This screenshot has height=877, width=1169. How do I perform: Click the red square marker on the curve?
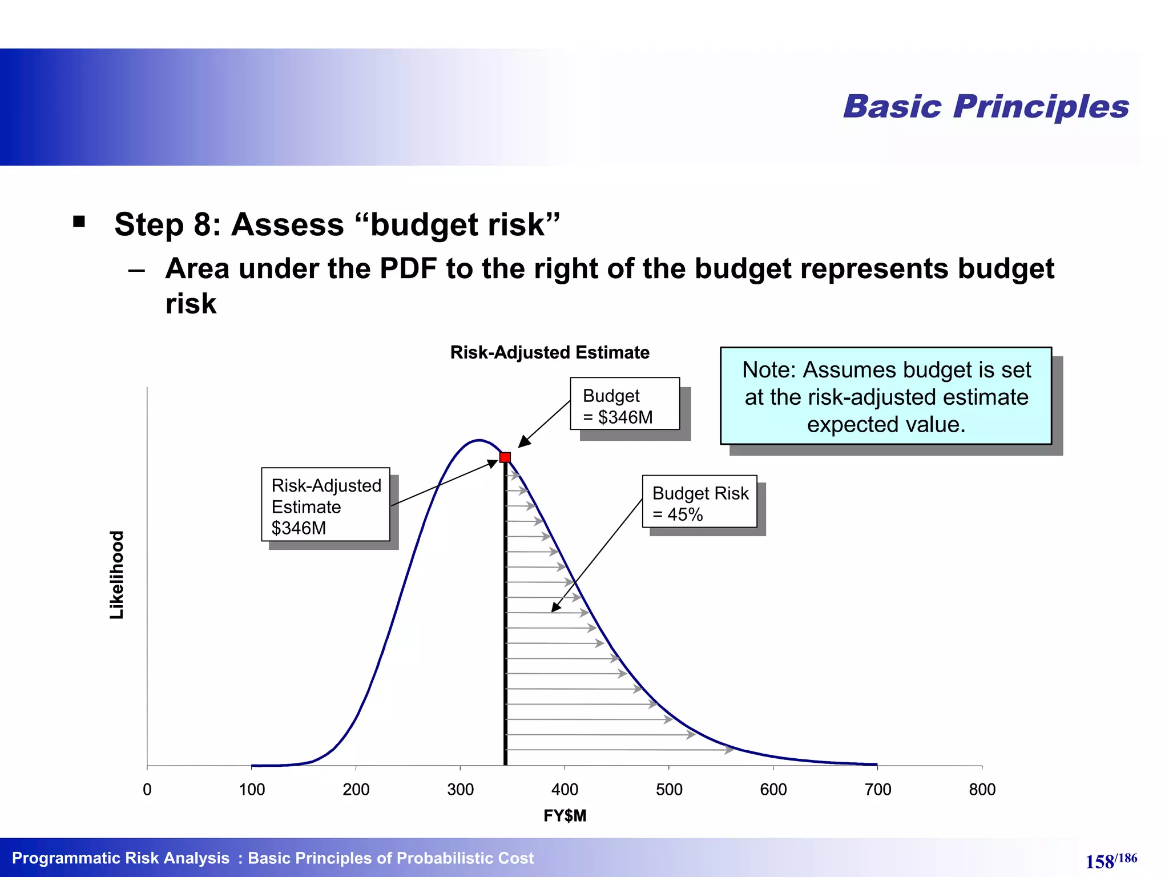point(505,457)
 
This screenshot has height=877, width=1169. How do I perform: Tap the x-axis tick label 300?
point(460,790)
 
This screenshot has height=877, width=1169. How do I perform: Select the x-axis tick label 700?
point(877,790)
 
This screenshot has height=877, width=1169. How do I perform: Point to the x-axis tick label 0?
point(147,790)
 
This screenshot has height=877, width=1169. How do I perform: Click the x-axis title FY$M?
point(565,816)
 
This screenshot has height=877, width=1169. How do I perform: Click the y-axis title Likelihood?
point(117,575)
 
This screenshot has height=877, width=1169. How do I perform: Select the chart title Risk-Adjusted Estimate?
point(550,352)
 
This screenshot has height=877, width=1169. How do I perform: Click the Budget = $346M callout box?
point(624,404)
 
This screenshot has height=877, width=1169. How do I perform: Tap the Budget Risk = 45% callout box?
point(699,502)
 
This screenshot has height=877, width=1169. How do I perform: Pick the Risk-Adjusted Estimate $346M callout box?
point(325,505)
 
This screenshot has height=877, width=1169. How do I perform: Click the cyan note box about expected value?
point(886,396)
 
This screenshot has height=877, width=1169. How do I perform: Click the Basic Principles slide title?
point(986,107)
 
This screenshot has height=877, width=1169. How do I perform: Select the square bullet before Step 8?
point(79,222)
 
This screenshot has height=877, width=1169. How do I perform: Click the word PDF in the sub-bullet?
point(408,268)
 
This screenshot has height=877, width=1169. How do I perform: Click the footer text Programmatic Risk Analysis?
point(120,858)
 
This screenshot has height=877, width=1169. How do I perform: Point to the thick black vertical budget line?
point(506,628)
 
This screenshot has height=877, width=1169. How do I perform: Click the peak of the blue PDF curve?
point(479,440)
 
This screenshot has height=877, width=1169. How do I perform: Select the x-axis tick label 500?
point(669,790)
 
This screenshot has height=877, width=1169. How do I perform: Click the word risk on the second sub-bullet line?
point(191,304)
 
